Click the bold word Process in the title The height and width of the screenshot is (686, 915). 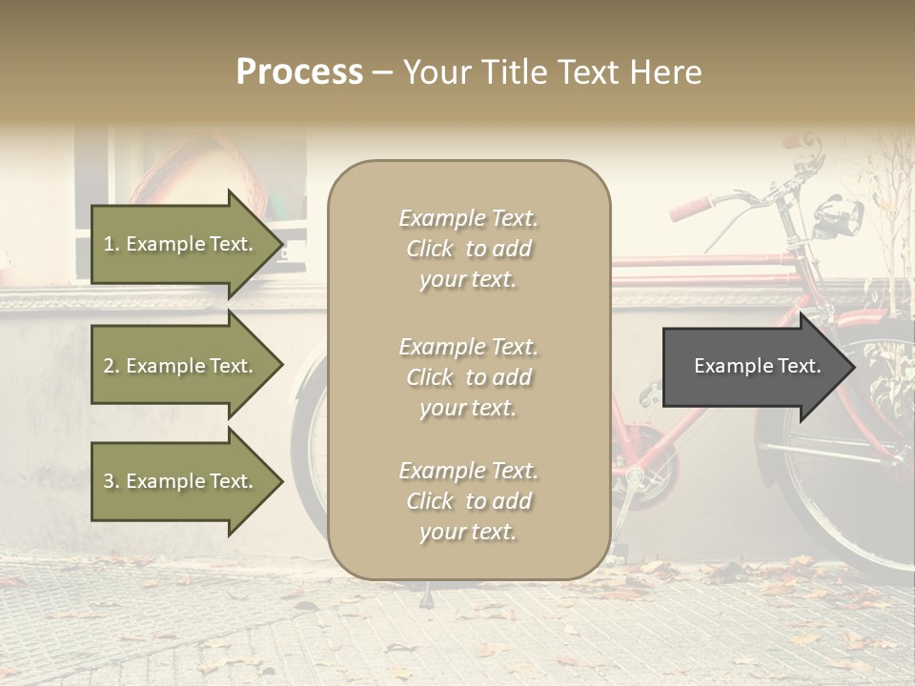coord(299,72)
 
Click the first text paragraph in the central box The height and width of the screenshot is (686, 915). coord(468,249)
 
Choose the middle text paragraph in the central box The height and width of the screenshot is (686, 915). coord(468,377)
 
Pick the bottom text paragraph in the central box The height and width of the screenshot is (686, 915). coord(468,501)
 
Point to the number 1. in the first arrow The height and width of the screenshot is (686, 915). coord(112,244)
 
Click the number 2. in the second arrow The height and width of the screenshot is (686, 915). coord(112,366)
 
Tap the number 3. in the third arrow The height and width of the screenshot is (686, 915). coord(112,481)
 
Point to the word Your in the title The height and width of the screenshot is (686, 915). coord(435,72)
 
